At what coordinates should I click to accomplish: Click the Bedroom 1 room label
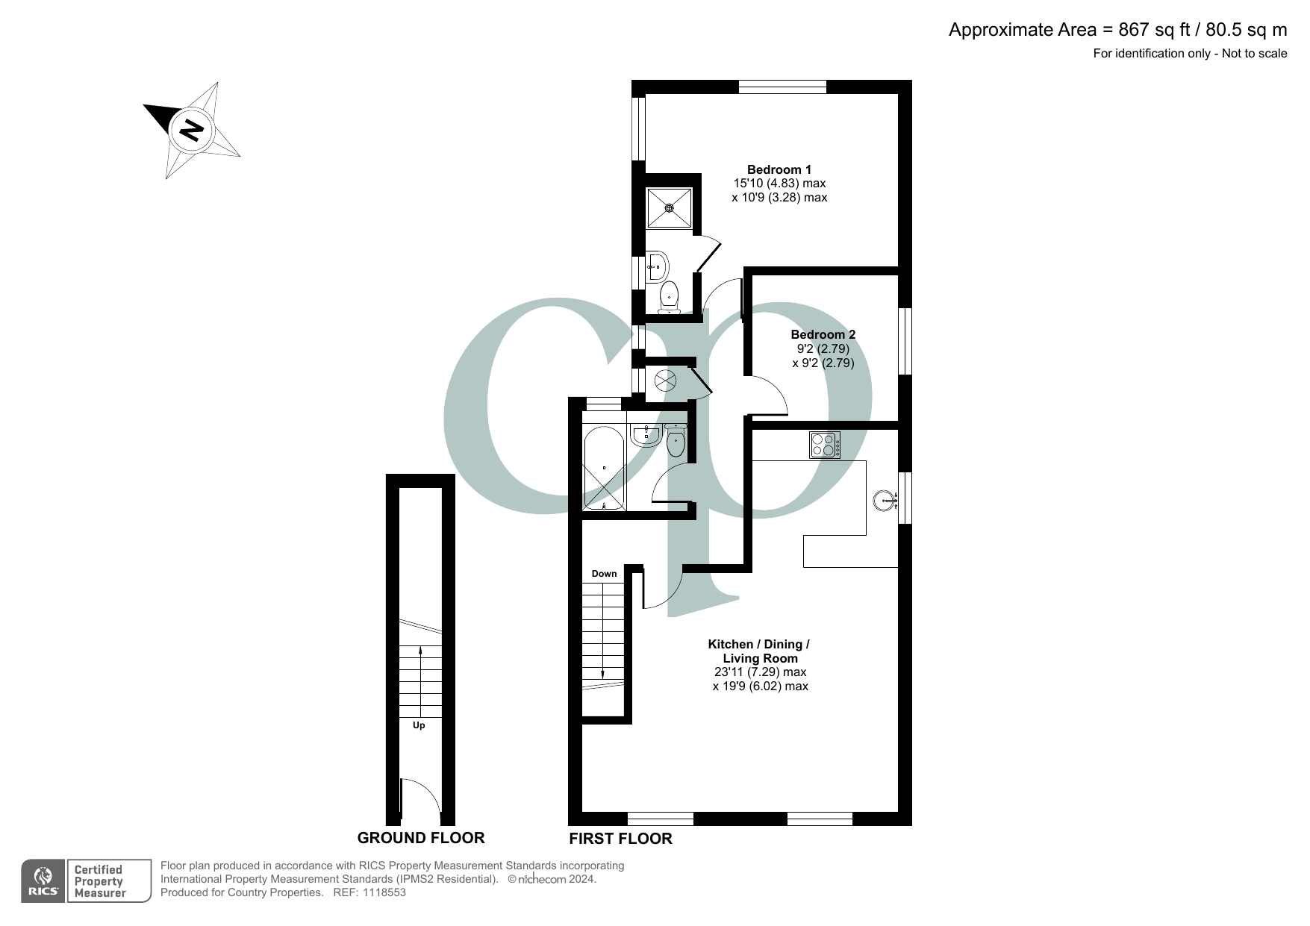pos(779,170)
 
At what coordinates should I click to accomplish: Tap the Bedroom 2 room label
pos(823,335)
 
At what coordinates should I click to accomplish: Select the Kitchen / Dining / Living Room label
pos(759,651)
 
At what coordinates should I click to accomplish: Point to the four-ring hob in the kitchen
pos(825,445)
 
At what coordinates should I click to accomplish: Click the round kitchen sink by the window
pos(884,500)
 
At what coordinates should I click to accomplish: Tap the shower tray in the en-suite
pos(670,208)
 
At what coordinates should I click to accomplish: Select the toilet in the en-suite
pos(669,296)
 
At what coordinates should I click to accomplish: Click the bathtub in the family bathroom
pos(604,468)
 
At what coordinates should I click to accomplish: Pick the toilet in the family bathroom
pos(676,442)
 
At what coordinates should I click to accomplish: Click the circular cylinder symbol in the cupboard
pos(665,381)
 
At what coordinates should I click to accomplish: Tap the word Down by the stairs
pos(604,574)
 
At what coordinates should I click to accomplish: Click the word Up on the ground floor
pos(419,725)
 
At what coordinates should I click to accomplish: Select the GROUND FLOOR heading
pos(421,838)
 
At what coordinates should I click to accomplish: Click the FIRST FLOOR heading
pos(620,839)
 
